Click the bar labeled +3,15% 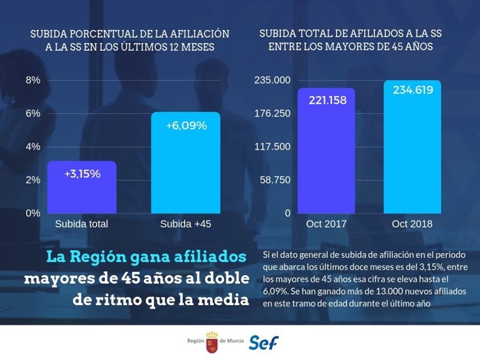pos(82,188)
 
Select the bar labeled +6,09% pos(186,163)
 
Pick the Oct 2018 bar pos(412,147)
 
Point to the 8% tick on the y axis pos(33,80)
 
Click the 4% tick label pos(33,147)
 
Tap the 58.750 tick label pos(275,180)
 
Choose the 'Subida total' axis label pos(81,224)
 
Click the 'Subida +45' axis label pos(186,224)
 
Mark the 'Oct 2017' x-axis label pos(326,224)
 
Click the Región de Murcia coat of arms pos(211,343)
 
